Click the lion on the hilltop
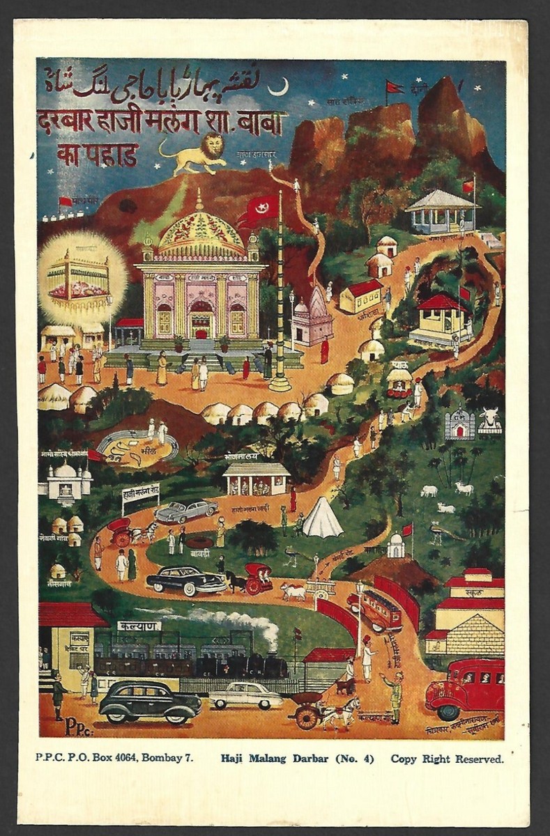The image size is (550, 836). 194,152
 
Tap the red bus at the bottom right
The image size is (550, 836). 466,689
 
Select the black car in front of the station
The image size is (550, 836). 150,701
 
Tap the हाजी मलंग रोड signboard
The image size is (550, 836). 141,494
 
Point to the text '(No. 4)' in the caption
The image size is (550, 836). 356,759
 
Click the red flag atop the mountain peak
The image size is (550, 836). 394,87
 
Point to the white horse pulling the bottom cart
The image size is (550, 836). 344,711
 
